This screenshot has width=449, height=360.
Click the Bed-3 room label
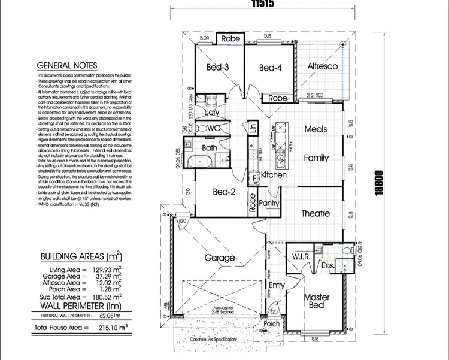click(x=218, y=68)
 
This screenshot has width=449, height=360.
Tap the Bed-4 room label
click(x=270, y=68)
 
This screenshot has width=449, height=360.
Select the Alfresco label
click(x=323, y=66)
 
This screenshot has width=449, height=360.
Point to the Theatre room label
click(x=315, y=213)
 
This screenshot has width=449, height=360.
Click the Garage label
click(x=219, y=258)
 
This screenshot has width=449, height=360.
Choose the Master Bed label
click(x=316, y=301)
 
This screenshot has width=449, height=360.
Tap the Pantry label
click(x=270, y=204)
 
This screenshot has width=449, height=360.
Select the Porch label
click(x=272, y=324)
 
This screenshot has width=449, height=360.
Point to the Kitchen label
click(x=273, y=176)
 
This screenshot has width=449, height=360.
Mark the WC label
click(x=214, y=128)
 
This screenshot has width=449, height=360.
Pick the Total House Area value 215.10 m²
click(x=108, y=328)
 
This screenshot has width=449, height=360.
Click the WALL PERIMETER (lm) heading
click(x=78, y=305)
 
